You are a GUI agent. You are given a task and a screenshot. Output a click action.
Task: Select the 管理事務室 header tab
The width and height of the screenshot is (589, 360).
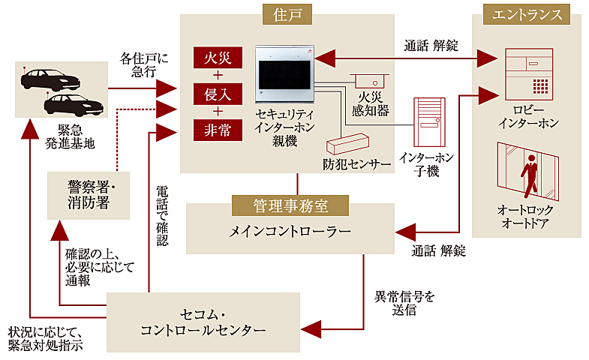290,204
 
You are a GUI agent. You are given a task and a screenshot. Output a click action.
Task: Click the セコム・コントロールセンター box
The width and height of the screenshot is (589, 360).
203,320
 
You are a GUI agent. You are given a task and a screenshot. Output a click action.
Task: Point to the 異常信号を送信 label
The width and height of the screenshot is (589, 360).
404,303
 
